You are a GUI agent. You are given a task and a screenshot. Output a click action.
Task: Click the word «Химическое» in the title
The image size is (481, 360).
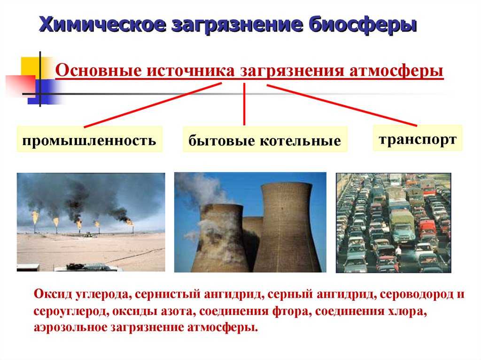(103, 24)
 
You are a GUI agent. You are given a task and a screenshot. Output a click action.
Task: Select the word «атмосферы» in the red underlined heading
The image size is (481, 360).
(396, 71)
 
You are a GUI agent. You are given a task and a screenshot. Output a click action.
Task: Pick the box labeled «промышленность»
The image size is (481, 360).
(89, 139)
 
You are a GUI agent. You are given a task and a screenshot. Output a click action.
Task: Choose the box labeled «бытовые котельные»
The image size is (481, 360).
(265, 139)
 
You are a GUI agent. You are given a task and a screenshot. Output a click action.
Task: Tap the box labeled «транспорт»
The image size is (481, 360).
(418, 138)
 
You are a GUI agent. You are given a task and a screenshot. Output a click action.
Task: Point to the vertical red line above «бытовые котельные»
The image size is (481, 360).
(244, 104)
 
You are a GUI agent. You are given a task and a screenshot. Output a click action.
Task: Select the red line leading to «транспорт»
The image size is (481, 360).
(342, 105)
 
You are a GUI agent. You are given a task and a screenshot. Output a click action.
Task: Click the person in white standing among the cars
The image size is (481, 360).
(398, 253)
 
